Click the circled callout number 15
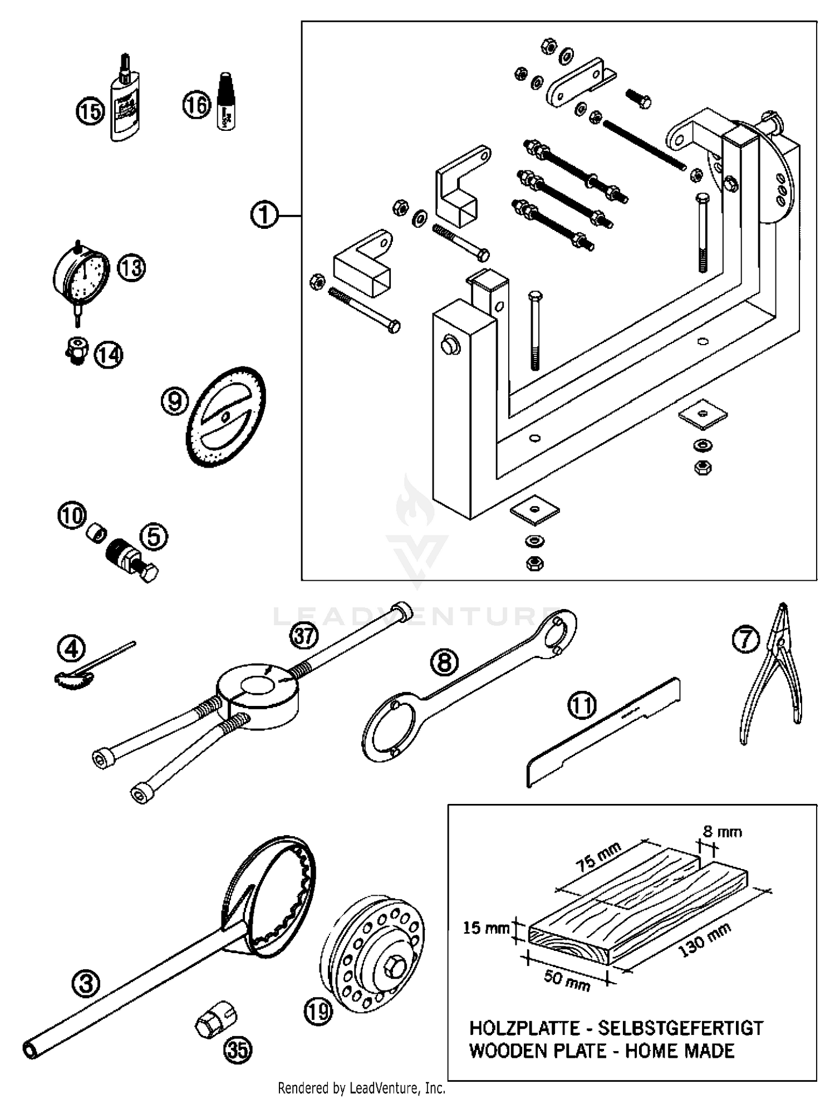(x=90, y=111)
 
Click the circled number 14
(x=108, y=355)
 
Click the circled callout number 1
(x=264, y=215)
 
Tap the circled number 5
(x=154, y=537)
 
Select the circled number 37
(x=304, y=635)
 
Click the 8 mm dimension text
(x=722, y=832)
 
